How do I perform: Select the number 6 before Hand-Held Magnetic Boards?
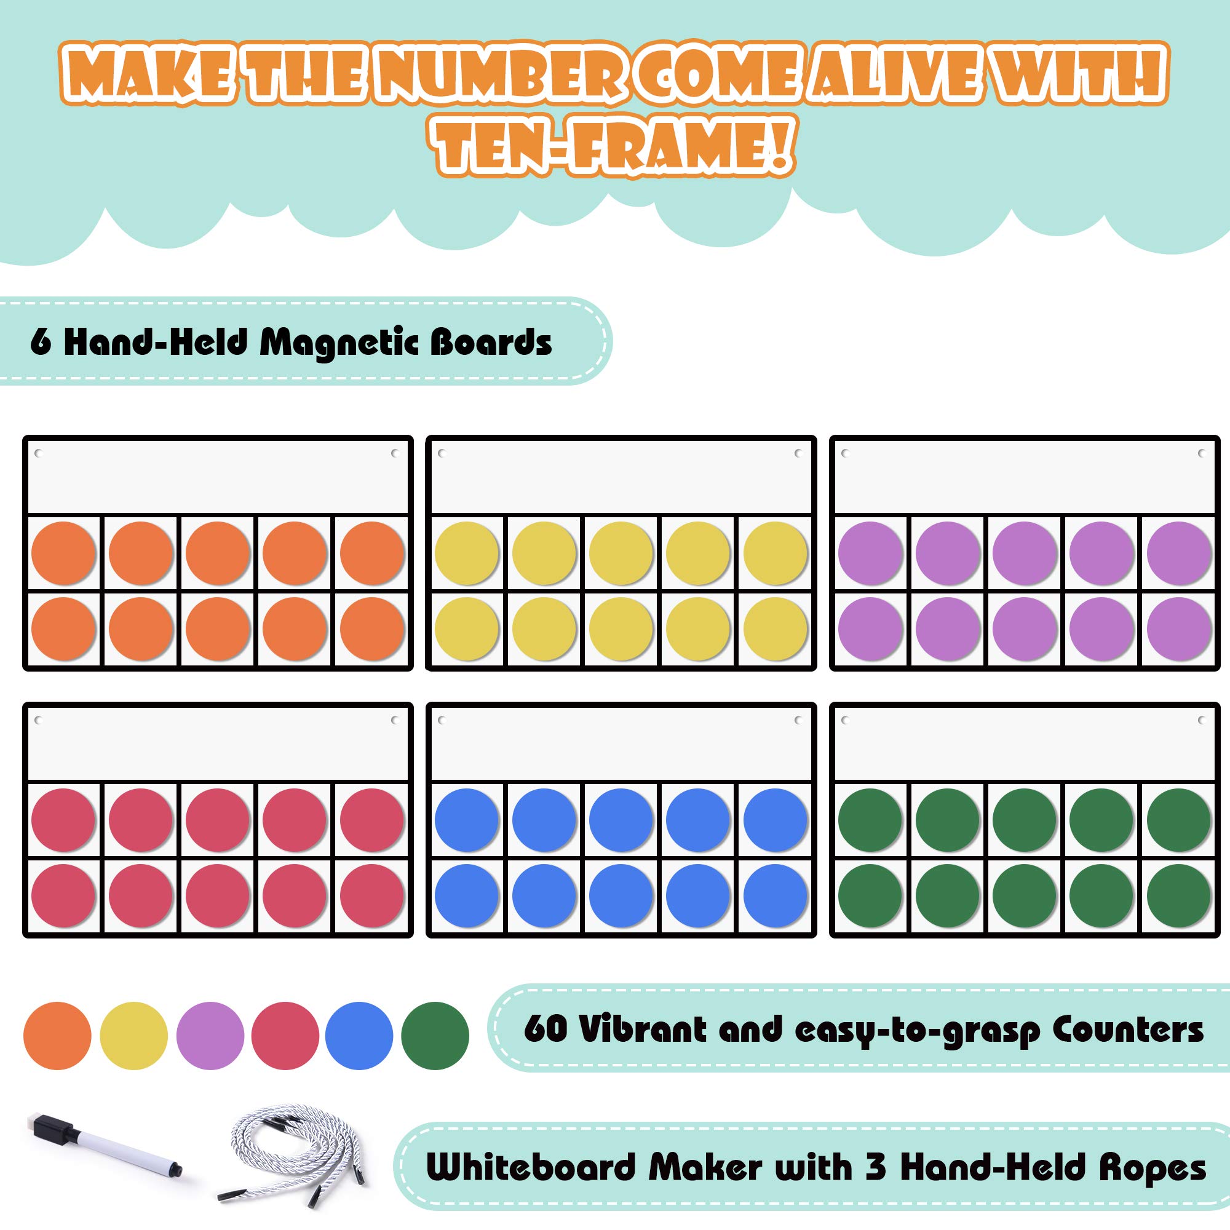click(x=40, y=343)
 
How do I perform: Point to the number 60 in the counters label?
click(x=545, y=1030)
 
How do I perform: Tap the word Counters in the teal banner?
click(x=1127, y=1030)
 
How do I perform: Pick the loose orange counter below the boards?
click(x=57, y=1036)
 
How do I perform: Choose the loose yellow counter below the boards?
click(x=133, y=1036)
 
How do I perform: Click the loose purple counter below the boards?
click(x=210, y=1036)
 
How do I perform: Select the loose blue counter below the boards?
click(x=359, y=1036)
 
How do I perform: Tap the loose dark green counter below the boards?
click(x=435, y=1036)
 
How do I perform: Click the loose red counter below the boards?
click(x=285, y=1036)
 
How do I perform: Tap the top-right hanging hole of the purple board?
click(x=1201, y=453)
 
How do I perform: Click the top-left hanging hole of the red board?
click(x=38, y=720)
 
